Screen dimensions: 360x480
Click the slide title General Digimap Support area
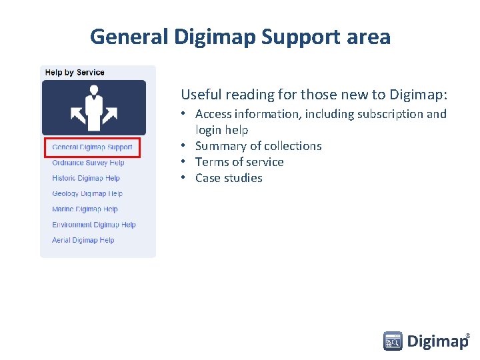coord(240,36)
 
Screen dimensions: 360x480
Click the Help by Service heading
coord(75,72)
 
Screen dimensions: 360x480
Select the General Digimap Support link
coord(92,147)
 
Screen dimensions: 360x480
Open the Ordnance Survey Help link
coord(88,163)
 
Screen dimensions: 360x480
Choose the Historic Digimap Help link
coord(86,178)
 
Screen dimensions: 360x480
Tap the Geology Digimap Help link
coord(87,194)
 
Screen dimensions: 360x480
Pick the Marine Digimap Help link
coord(85,209)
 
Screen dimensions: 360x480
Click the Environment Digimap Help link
coord(93,225)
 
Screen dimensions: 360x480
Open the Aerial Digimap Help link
coord(83,240)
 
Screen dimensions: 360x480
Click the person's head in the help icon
coord(93,90)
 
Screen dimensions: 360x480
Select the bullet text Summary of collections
coord(258,146)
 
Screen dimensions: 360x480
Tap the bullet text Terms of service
coord(239,162)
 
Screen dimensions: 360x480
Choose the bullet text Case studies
coord(229,178)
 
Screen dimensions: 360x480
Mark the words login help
coord(221,130)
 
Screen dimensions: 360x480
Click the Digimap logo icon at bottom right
coord(393,341)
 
